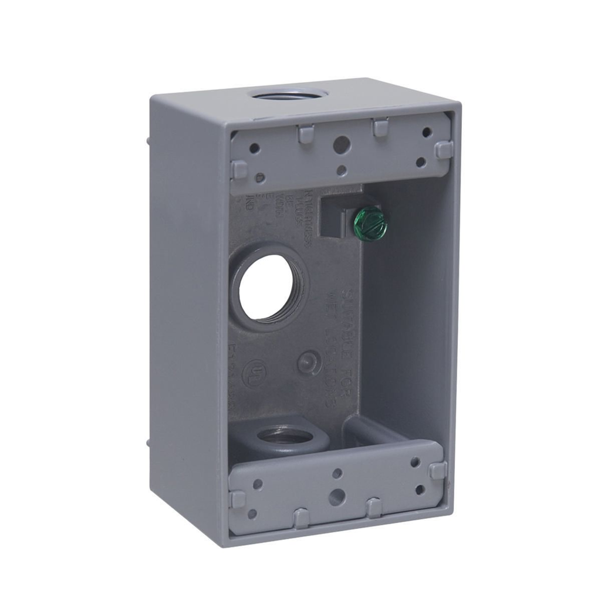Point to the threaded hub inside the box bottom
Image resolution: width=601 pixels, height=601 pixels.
click(x=276, y=437)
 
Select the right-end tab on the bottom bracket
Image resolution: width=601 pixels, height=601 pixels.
click(x=438, y=470)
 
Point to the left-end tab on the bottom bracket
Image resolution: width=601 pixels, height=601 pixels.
click(x=237, y=499)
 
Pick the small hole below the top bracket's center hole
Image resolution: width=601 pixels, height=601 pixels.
click(x=342, y=171)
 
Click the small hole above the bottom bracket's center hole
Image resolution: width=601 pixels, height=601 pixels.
click(x=337, y=473)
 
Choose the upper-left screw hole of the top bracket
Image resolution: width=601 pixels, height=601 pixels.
click(x=254, y=148)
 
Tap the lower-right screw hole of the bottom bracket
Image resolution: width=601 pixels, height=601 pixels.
click(x=420, y=489)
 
